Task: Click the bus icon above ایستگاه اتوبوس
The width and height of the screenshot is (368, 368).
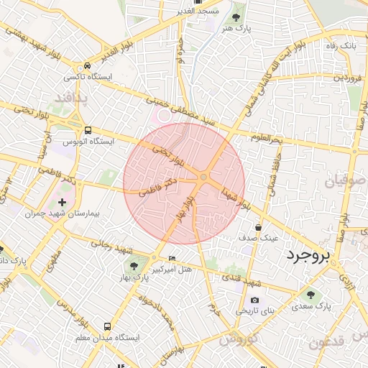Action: coord(88,131)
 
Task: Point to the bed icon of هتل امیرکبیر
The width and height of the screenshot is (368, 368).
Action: coord(171,259)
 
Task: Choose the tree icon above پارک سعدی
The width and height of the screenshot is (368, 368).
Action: coord(311,294)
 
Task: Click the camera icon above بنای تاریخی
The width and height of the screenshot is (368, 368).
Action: coord(254,300)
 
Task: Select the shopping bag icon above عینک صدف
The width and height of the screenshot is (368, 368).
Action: coord(258,228)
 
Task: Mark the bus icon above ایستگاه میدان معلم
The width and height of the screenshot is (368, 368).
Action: coord(108,326)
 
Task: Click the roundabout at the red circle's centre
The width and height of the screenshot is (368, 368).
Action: coord(204,177)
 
